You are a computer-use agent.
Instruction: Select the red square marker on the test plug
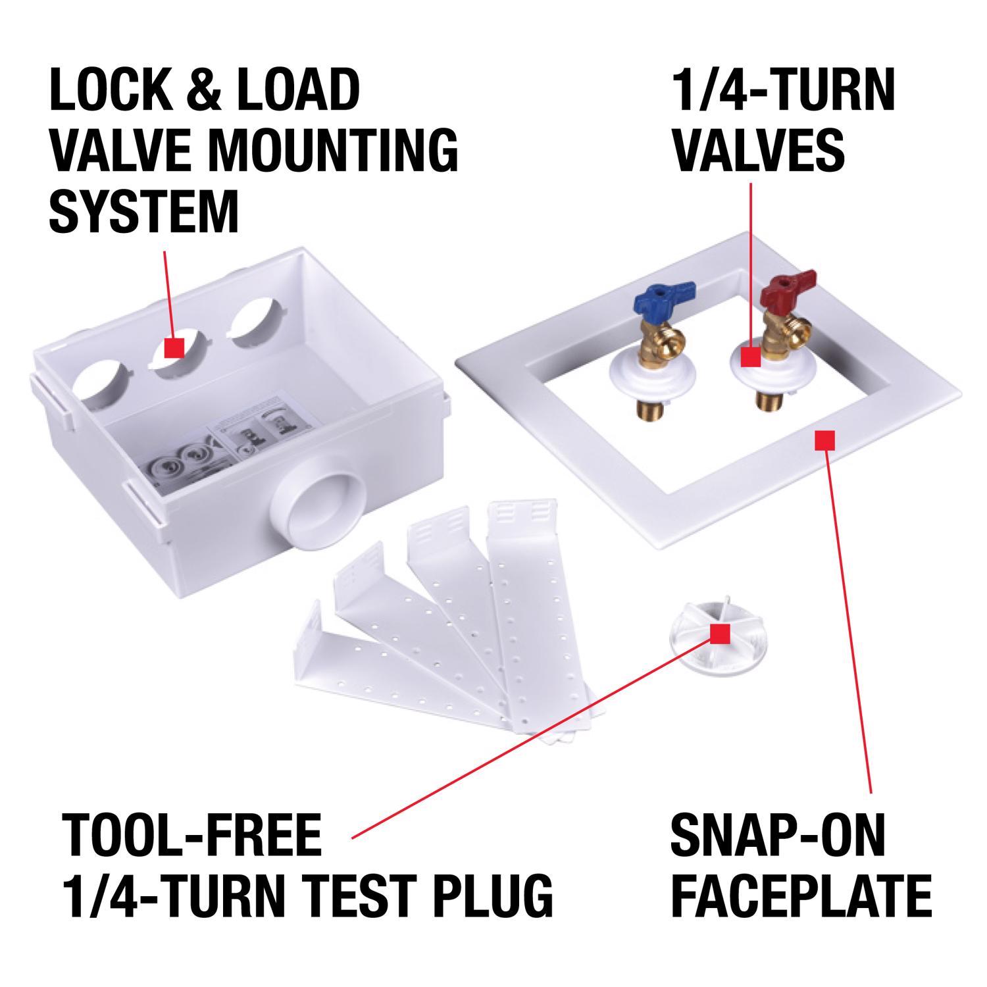point(721,634)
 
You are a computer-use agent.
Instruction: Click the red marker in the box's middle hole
point(174,347)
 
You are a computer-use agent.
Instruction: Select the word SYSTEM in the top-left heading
point(144,211)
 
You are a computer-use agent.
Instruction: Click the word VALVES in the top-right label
point(760,148)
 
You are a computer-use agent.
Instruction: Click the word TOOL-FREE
point(191,834)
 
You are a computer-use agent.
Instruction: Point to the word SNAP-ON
point(778,834)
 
